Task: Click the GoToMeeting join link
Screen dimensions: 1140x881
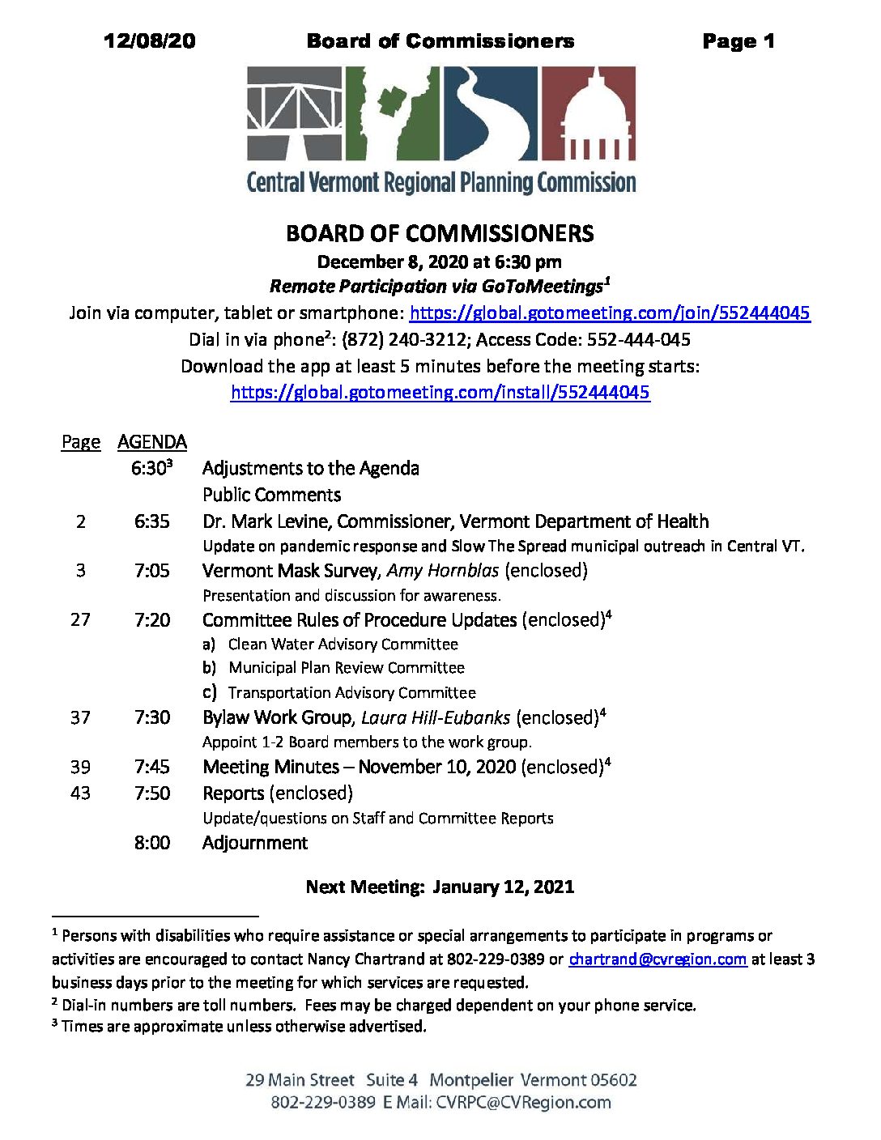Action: click(610, 313)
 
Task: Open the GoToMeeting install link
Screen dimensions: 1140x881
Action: click(440, 393)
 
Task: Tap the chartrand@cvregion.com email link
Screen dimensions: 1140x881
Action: click(658, 959)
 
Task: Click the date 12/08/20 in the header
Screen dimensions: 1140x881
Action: click(150, 41)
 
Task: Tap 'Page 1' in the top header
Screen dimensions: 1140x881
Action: click(738, 41)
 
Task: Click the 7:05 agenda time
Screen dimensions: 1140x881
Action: click(152, 571)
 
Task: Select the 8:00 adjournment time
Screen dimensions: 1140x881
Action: click(152, 843)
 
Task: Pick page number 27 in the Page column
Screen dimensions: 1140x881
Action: click(80, 620)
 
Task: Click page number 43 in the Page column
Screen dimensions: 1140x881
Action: click(80, 793)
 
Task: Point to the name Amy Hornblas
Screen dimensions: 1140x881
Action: click(443, 571)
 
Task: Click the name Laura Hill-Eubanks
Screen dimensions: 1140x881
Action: click(436, 718)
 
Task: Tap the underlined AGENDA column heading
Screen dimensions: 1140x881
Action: click(152, 442)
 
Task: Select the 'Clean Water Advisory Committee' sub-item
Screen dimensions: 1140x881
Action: click(343, 644)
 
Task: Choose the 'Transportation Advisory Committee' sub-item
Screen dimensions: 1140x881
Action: click(352, 693)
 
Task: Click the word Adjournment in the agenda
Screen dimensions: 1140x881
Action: click(255, 843)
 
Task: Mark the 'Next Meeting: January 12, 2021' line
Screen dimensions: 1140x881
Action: click(440, 887)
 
